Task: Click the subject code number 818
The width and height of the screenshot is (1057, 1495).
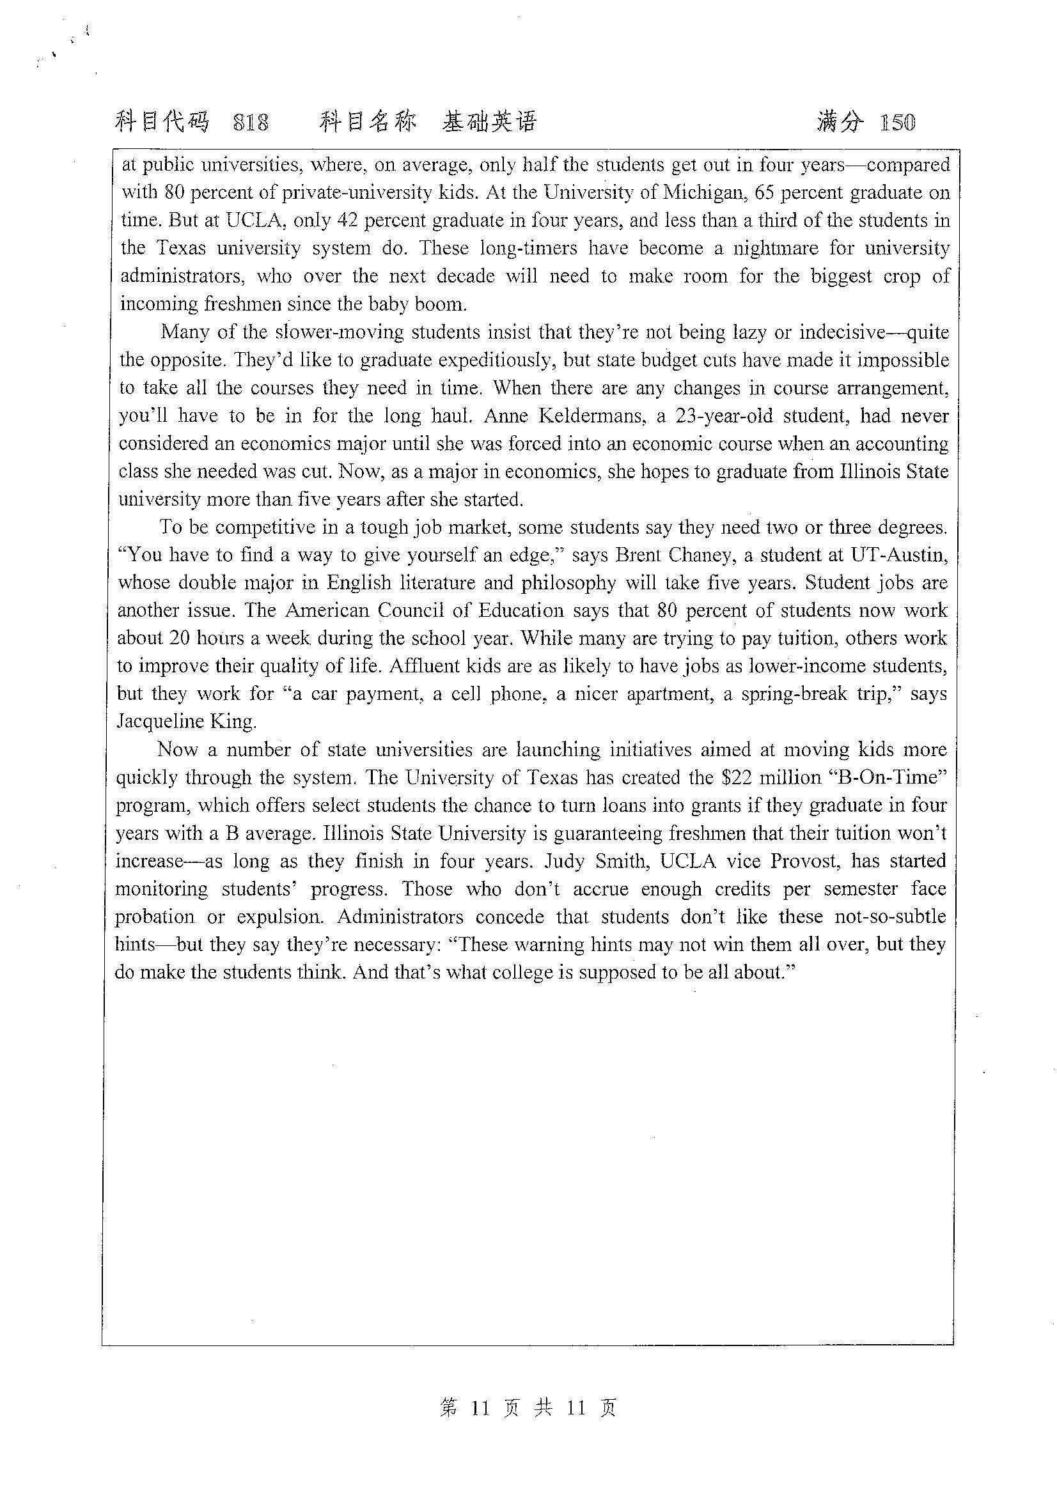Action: point(251,123)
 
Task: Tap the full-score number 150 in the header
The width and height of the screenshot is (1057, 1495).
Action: point(896,123)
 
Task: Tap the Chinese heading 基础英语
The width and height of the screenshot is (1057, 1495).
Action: point(489,122)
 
